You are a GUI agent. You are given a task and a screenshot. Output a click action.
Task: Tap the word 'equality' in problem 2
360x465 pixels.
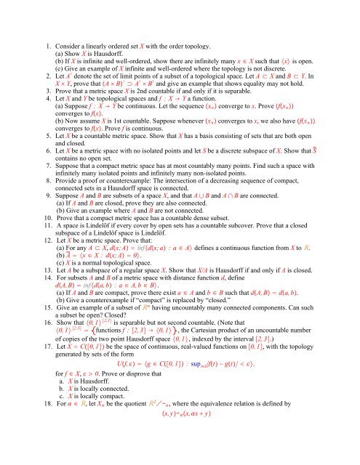(x=272, y=102)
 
